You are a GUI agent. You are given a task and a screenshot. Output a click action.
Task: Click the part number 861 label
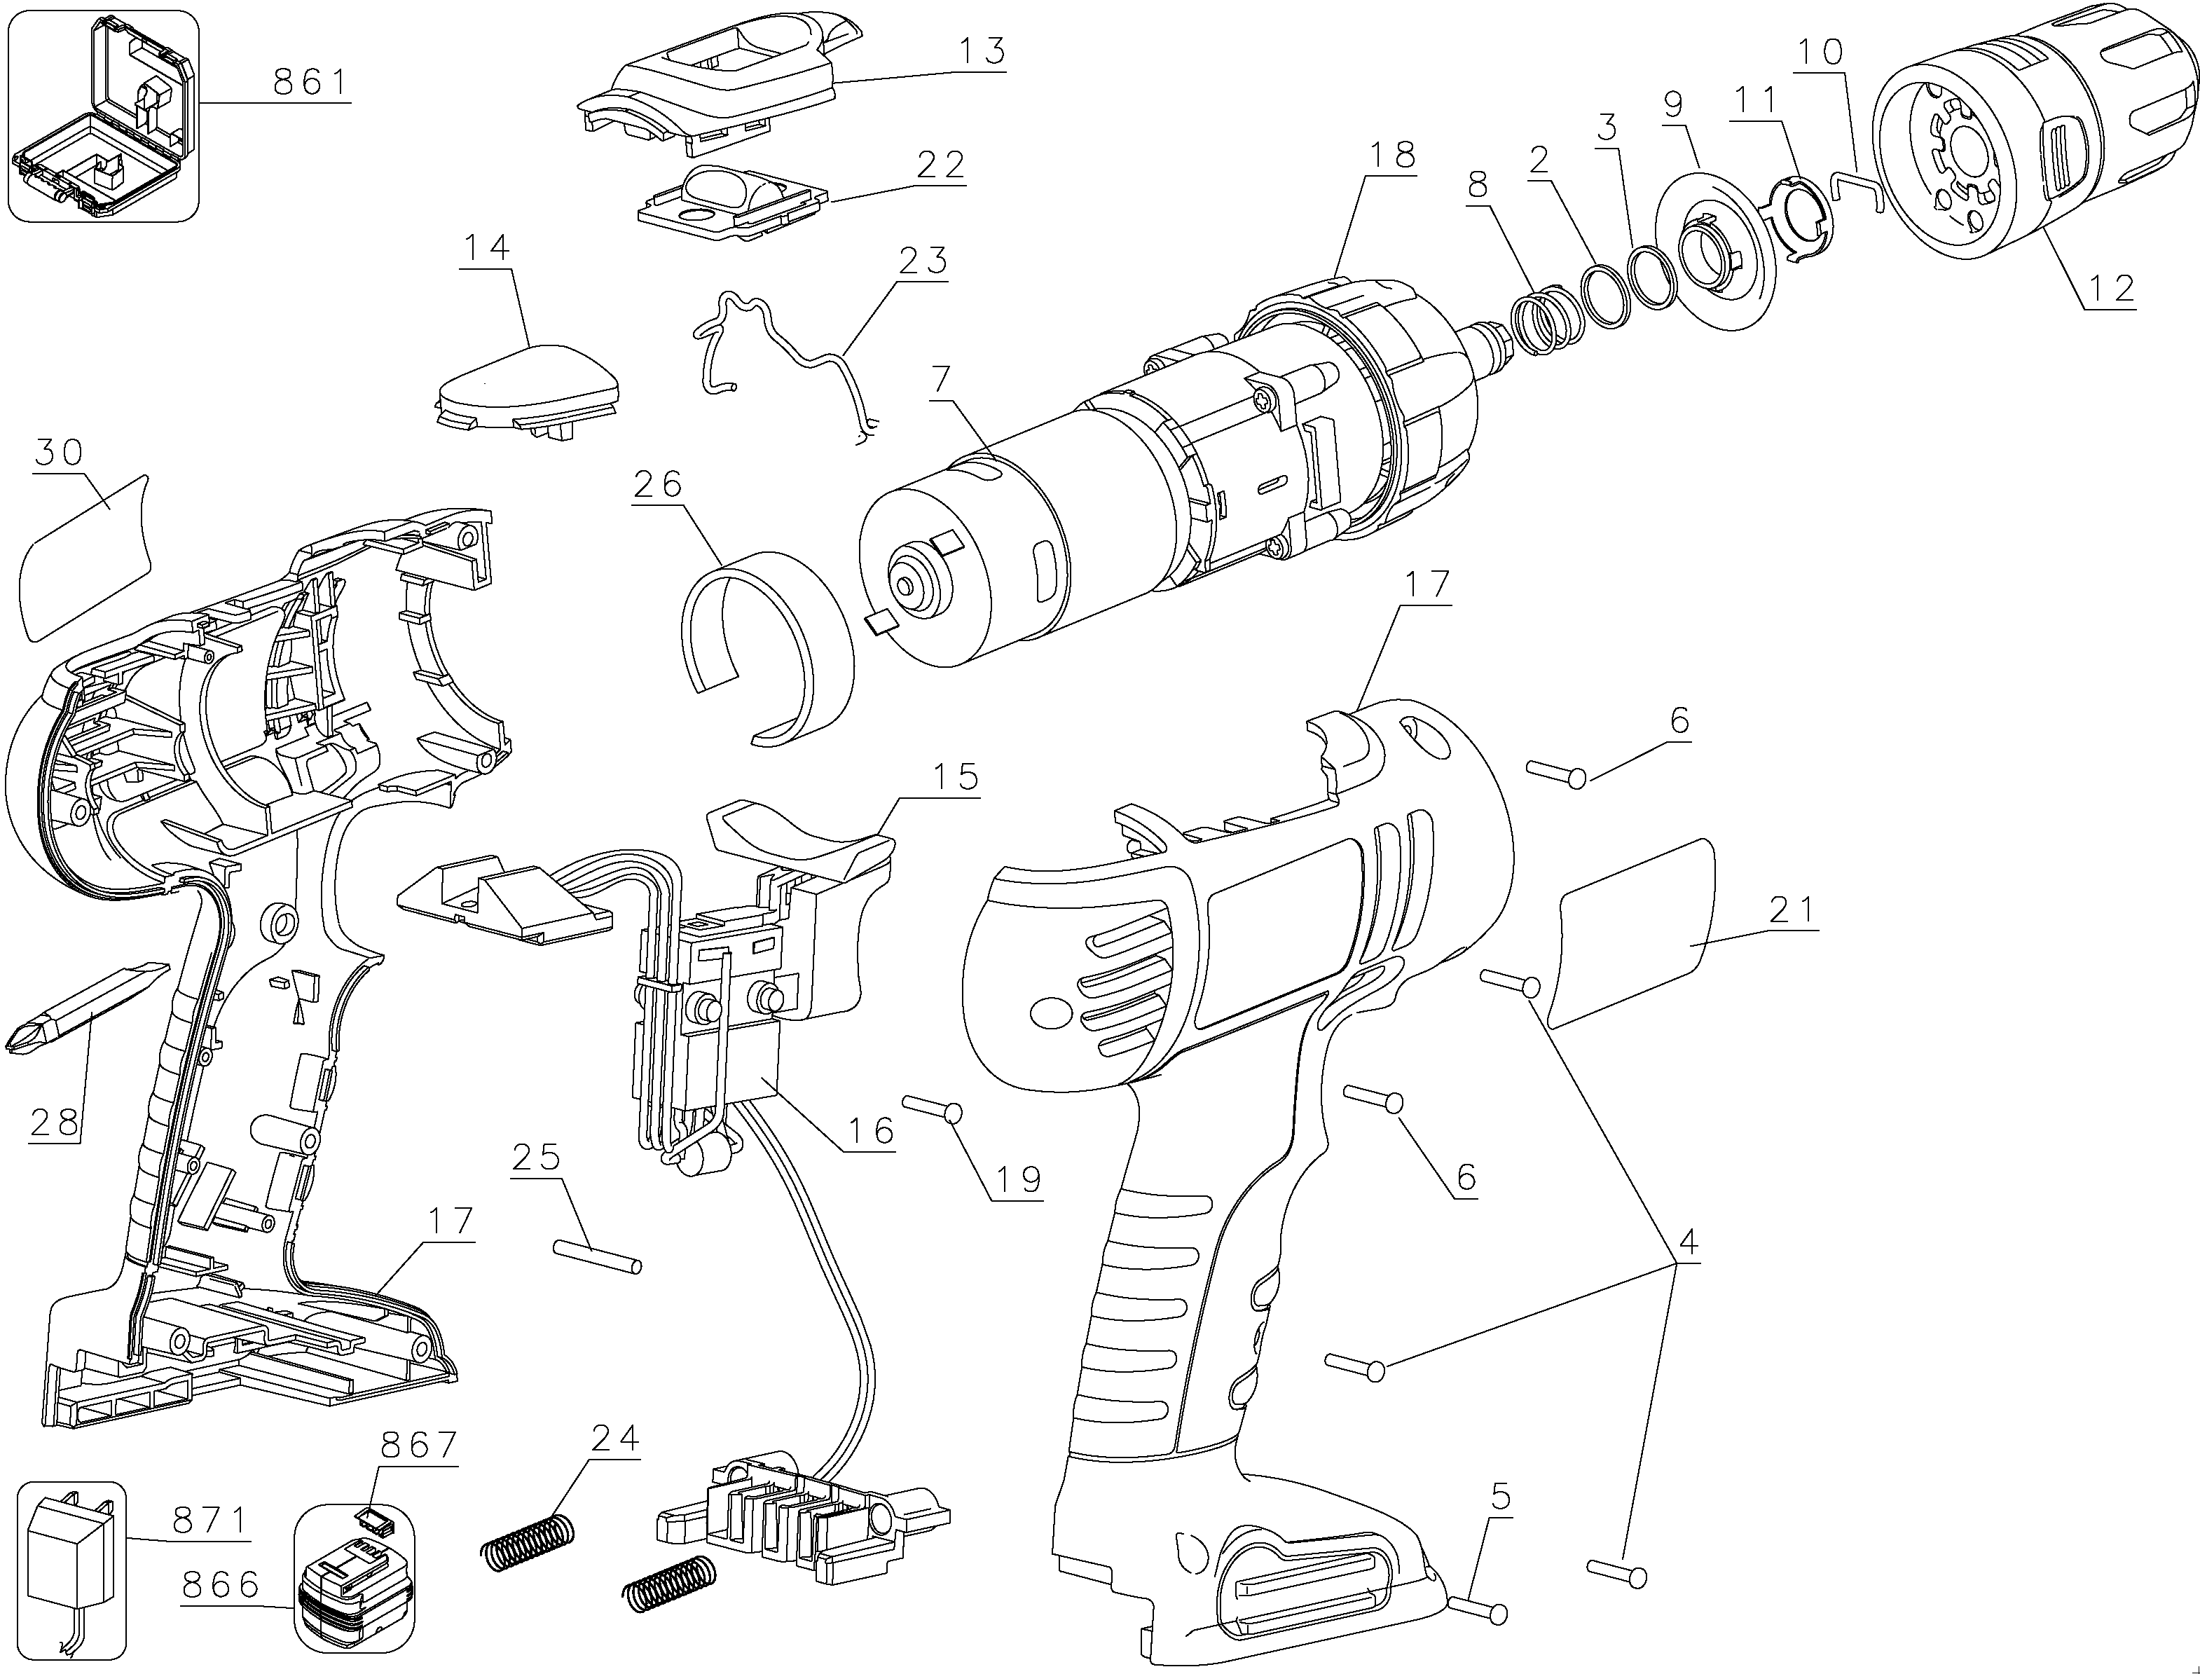pos(311,82)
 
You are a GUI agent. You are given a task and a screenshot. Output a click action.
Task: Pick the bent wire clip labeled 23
pos(787,349)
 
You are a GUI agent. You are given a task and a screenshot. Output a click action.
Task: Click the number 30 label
pos(59,453)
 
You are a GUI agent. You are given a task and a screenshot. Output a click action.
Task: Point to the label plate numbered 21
pos(1634,932)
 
